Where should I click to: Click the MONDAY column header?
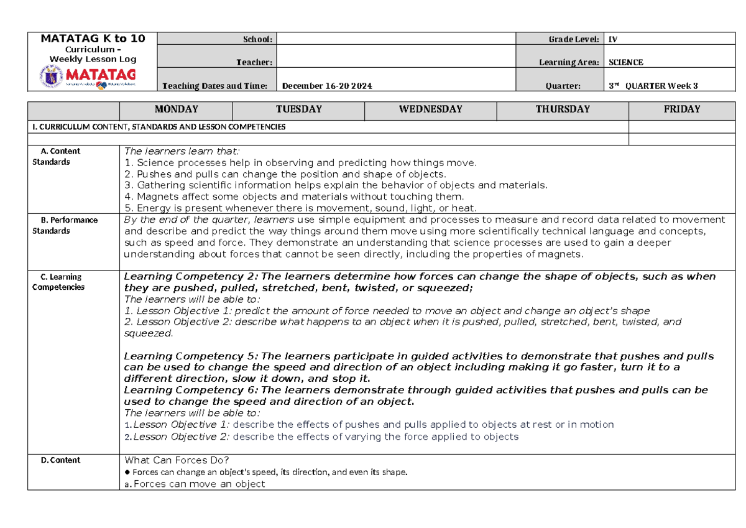pyautogui.click(x=176, y=109)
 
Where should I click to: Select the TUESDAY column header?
pyautogui.click(x=298, y=109)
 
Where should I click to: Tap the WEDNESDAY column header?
pyautogui.click(x=431, y=109)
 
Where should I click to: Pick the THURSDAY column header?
pyautogui.click(x=563, y=109)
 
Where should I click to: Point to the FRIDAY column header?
pyautogui.click(x=682, y=109)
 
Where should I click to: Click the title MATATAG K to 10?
pyautogui.click(x=93, y=39)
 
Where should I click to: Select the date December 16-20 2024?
pyautogui.click(x=327, y=86)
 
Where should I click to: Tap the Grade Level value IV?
pyautogui.click(x=613, y=39)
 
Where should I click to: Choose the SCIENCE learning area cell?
pyautogui.click(x=625, y=62)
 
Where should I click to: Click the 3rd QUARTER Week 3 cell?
pyautogui.click(x=653, y=86)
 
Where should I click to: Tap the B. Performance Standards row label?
pyautogui.click(x=65, y=225)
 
